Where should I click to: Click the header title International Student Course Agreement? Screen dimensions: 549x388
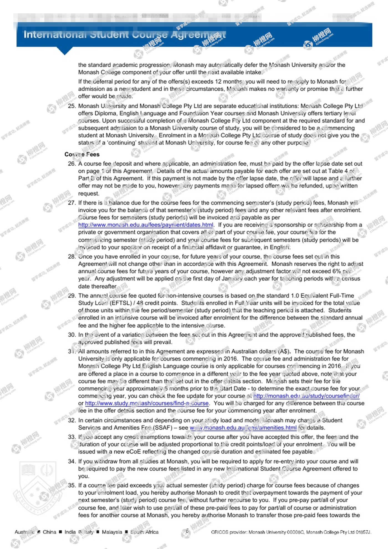click(x=124, y=35)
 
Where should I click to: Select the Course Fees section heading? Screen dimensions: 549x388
click(x=82, y=154)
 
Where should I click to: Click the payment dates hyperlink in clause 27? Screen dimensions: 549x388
click(x=145, y=225)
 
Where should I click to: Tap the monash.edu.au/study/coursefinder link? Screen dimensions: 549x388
click(x=306, y=396)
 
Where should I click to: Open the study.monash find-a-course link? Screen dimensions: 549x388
click(x=147, y=403)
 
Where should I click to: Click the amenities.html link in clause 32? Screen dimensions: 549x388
click(x=243, y=428)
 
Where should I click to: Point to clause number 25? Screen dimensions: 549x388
click(x=72, y=106)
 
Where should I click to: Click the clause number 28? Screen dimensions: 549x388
click(x=72, y=257)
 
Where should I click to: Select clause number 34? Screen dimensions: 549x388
click(x=72, y=462)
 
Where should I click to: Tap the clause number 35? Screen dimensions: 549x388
click(x=72, y=486)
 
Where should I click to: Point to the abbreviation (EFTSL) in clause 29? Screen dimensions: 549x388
click(x=121, y=303)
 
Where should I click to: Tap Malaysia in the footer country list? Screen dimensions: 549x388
click(x=112, y=532)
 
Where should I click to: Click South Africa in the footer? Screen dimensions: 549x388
click(x=144, y=532)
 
